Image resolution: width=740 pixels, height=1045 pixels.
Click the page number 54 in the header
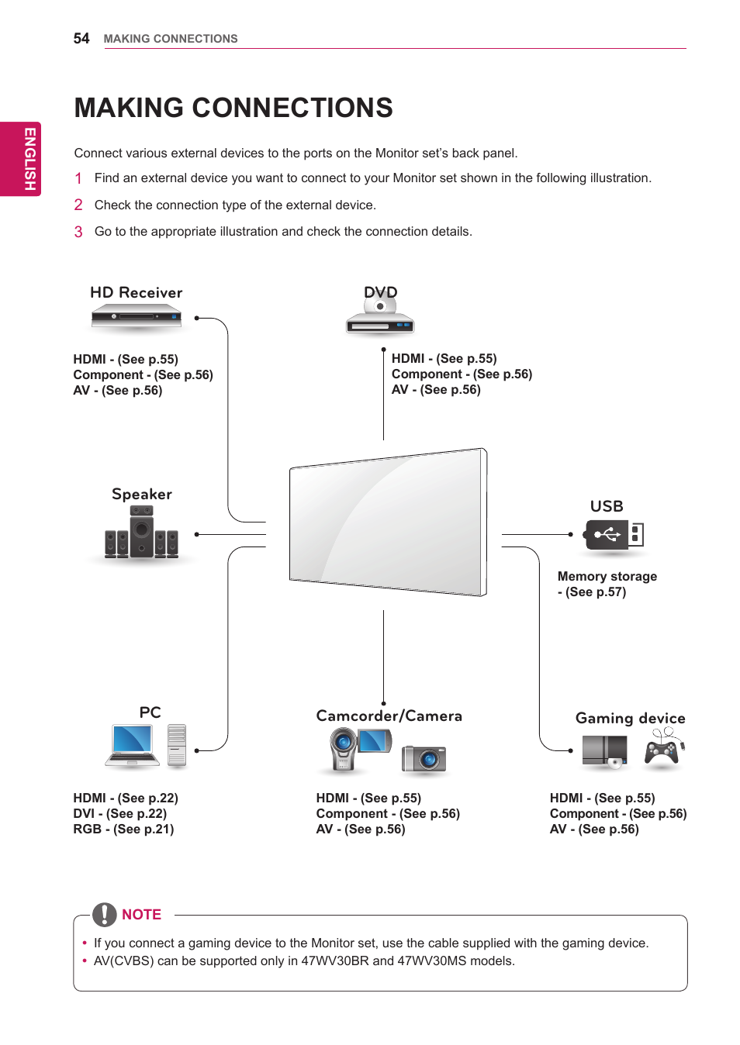click(81, 39)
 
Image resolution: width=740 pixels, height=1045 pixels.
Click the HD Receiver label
click(136, 293)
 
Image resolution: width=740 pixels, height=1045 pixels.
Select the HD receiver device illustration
click(137, 316)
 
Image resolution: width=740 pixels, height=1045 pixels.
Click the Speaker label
click(142, 495)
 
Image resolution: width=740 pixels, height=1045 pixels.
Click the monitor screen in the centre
click(388, 522)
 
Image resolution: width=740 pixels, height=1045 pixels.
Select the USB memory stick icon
click(614, 535)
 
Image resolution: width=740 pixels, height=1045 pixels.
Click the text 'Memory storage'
click(607, 577)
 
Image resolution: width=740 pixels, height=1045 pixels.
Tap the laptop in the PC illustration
click(133, 745)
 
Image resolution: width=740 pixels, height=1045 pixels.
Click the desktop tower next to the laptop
click(177, 745)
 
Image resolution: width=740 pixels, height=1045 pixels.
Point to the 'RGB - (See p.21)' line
click(123, 829)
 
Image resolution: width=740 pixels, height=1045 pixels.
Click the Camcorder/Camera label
click(389, 716)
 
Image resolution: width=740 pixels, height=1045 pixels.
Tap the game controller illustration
click(662, 750)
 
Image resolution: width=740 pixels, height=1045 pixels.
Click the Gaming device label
click(630, 719)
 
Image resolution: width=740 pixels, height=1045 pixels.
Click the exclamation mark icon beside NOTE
click(105, 915)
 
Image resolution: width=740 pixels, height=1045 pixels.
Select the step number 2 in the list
click(78, 205)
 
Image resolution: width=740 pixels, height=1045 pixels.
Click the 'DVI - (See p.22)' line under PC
click(120, 814)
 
